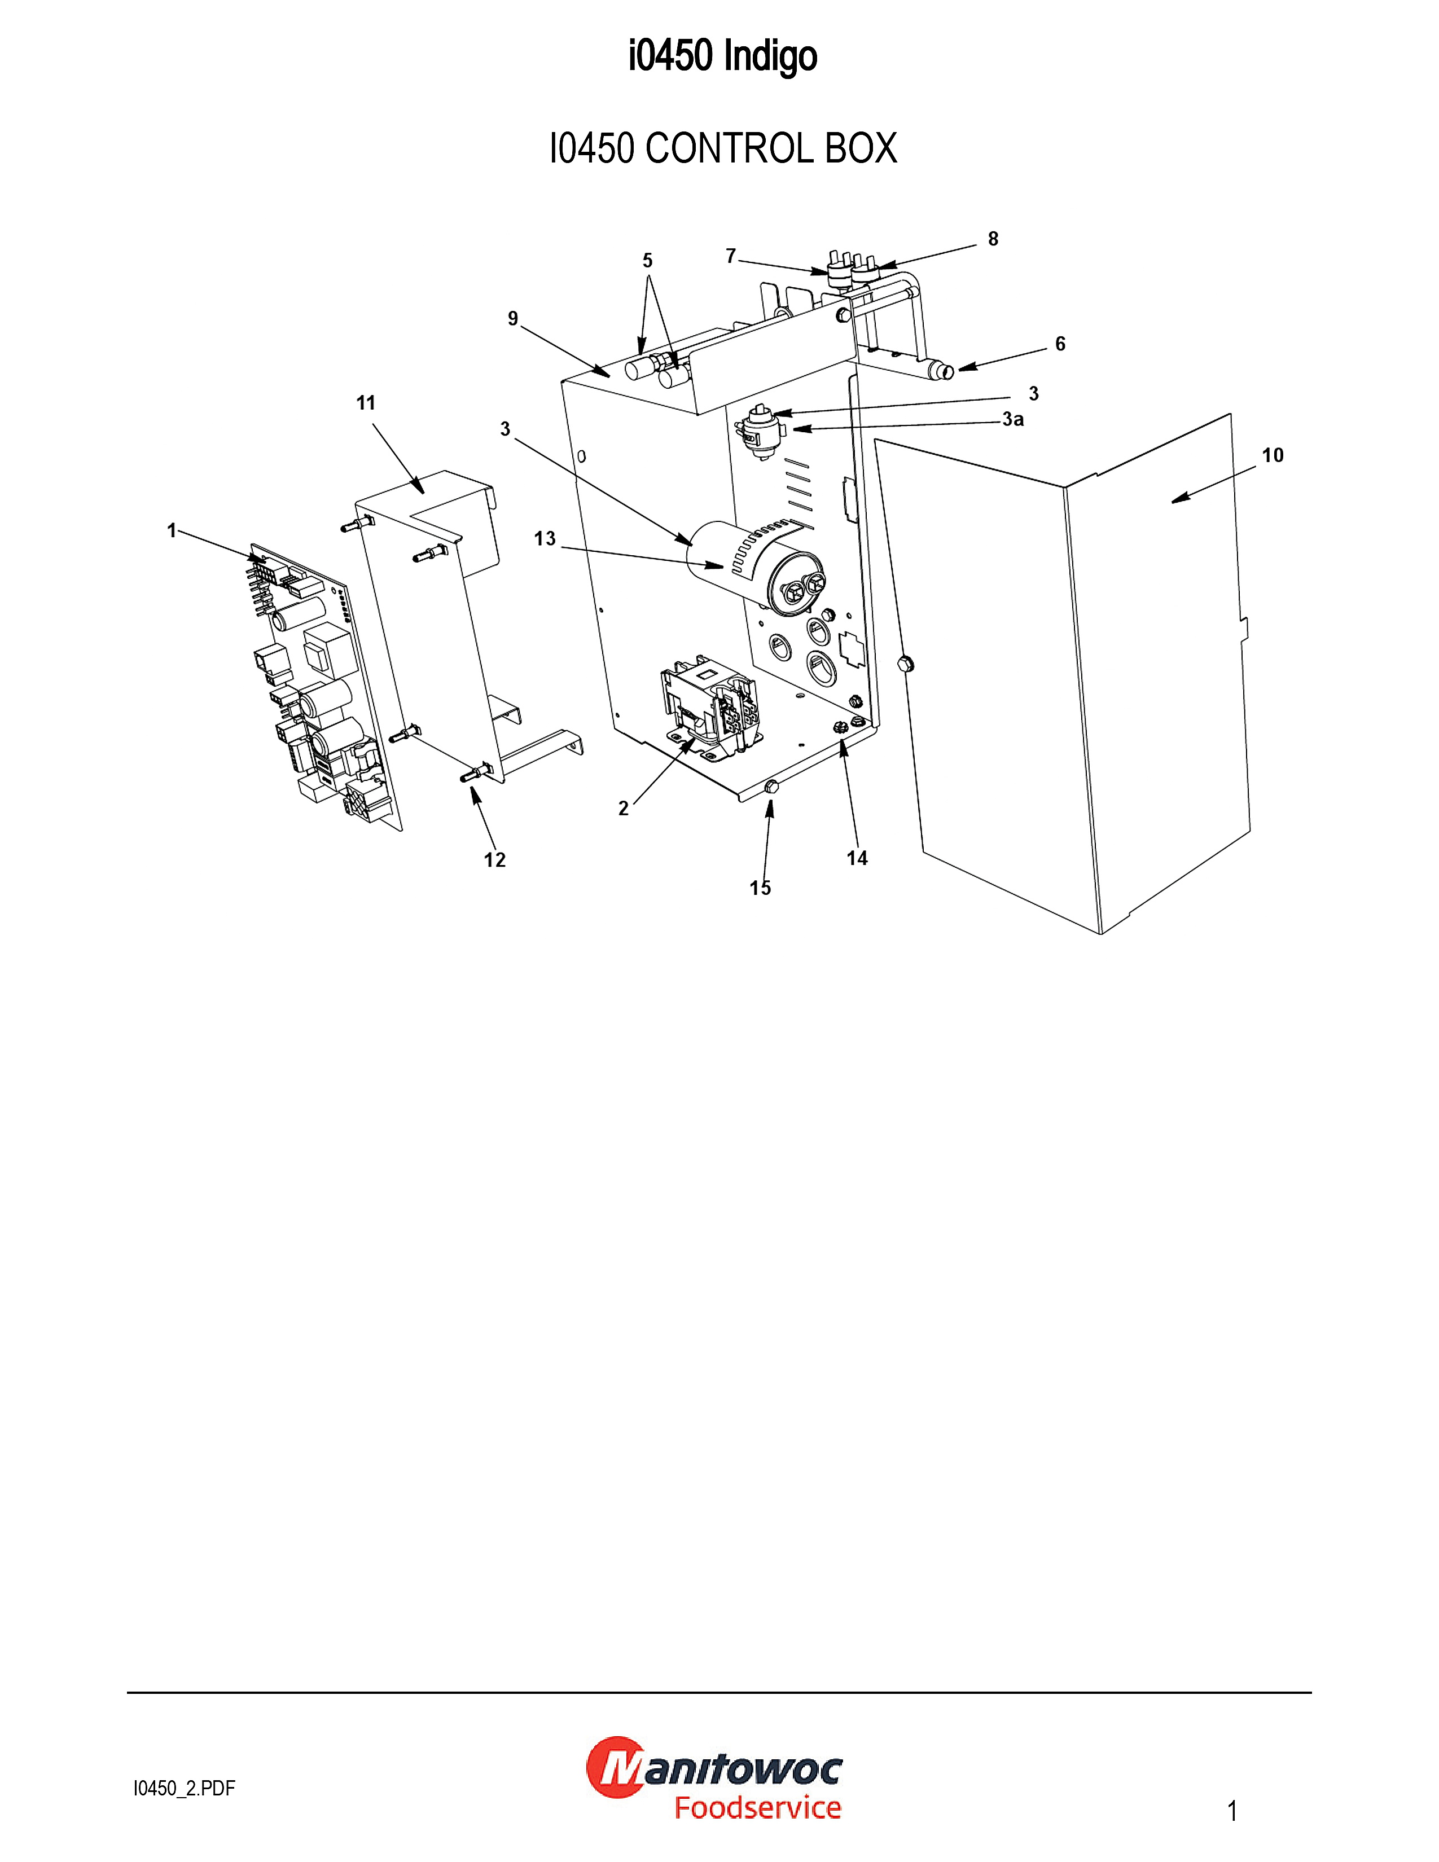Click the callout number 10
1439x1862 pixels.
coord(1272,455)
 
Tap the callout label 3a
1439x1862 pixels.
coord(1013,419)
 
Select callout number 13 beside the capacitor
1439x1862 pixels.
coord(545,539)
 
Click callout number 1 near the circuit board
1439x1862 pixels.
coord(172,530)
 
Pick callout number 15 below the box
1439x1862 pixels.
coord(761,888)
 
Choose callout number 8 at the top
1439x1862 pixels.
coord(993,239)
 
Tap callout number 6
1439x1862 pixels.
coord(1060,344)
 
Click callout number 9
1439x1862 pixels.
coord(513,318)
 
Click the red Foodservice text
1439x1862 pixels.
coord(758,1807)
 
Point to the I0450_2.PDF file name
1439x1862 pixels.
coord(184,1789)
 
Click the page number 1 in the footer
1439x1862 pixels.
coord(1232,1811)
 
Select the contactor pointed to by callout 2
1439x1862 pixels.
coord(708,706)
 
